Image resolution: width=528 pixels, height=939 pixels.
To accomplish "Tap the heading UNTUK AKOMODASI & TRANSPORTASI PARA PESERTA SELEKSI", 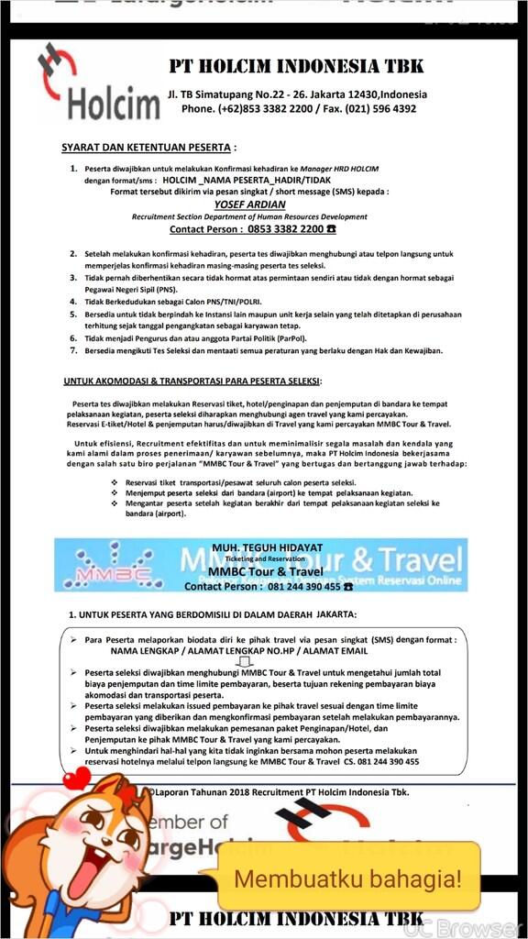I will pyautogui.click(x=180, y=381).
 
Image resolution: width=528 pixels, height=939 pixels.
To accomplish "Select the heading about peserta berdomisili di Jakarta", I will pyautogui.click(x=213, y=613).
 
